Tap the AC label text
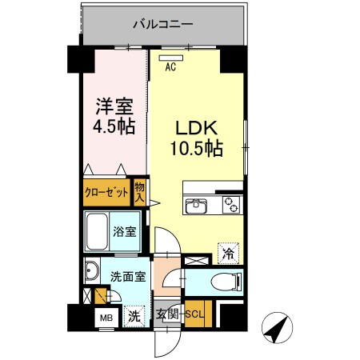tap(170, 68)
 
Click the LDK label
tap(194, 128)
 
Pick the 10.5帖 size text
tap(195, 149)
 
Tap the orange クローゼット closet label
tap(107, 193)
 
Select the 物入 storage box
tap(139, 192)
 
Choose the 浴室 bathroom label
tap(124, 231)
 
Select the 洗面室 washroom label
tap(128, 278)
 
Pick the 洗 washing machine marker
tap(134, 316)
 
